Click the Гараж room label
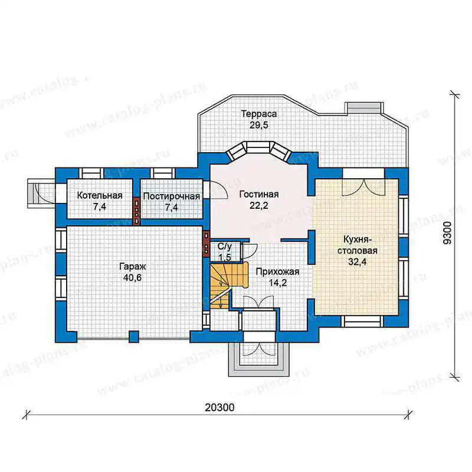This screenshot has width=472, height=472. click(x=132, y=266)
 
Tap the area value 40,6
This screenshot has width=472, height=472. click(x=132, y=277)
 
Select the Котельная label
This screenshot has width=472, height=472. click(x=100, y=195)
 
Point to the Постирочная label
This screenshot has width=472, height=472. click(x=172, y=196)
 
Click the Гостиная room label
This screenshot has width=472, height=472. click(x=259, y=194)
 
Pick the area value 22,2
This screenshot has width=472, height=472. click(x=258, y=205)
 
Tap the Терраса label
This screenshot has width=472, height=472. click(x=259, y=114)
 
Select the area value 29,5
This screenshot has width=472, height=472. click(x=258, y=125)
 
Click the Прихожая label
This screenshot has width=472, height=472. click(x=277, y=271)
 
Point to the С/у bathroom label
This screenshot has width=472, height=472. click(x=225, y=247)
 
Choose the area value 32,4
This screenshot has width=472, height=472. click(x=358, y=261)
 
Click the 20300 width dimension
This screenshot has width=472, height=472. click(x=219, y=408)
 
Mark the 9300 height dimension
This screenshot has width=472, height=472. click(x=448, y=232)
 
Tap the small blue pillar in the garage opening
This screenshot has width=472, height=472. click(x=134, y=336)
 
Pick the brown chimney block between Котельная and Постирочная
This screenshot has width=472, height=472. click(x=137, y=211)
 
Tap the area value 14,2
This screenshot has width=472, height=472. click(x=278, y=283)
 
